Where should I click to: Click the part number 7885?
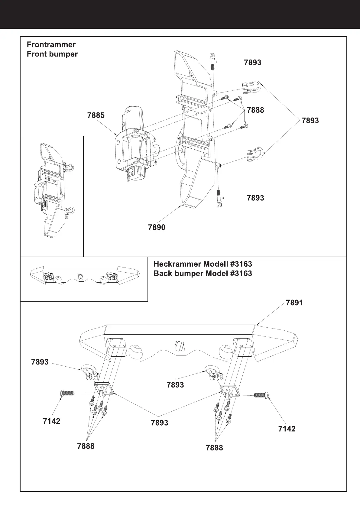[x=96, y=115]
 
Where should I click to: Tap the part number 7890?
[x=157, y=227]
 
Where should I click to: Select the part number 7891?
[x=294, y=303]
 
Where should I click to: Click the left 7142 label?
[x=51, y=421]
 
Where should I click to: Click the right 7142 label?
[x=287, y=429]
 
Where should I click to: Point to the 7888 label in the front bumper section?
[x=255, y=110]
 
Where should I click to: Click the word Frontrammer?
[x=51, y=45]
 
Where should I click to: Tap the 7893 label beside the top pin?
[x=252, y=63]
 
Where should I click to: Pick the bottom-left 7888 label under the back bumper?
[x=86, y=446]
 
